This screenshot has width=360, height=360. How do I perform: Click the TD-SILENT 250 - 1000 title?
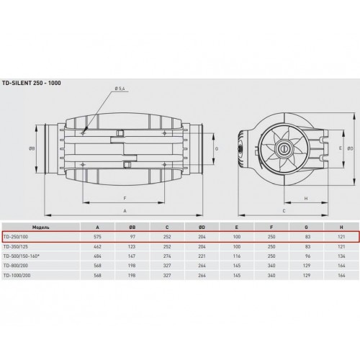[x=32, y=83]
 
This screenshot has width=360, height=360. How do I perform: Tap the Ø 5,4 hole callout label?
[x=120, y=89]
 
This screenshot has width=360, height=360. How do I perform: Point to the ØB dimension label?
[x=32, y=149]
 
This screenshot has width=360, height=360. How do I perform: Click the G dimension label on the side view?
[x=217, y=149]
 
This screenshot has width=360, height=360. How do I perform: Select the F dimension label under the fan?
[x=125, y=199]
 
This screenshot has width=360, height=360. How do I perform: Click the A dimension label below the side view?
[x=125, y=211]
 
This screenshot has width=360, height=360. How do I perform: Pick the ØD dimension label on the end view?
[x=351, y=148]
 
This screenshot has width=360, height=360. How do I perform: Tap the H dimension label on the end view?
[x=306, y=199]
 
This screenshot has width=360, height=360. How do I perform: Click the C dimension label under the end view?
[x=284, y=211]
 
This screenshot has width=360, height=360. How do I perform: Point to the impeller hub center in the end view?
[x=284, y=148]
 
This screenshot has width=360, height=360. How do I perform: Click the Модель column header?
[x=41, y=227]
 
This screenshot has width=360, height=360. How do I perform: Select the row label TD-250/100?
[x=16, y=237]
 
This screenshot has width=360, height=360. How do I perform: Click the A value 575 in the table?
[x=97, y=237]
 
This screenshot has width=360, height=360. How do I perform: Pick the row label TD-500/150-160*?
[x=22, y=256]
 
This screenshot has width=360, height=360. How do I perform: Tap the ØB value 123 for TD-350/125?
[x=132, y=246]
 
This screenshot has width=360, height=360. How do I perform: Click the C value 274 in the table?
[x=167, y=256]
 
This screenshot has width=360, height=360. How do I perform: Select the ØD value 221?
[x=202, y=256]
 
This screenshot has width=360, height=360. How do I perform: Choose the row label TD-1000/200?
[x=17, y=276]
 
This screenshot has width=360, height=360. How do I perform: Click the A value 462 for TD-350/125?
[x=97, y=246]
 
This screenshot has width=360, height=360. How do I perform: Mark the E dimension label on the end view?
[x=341, y=148]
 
